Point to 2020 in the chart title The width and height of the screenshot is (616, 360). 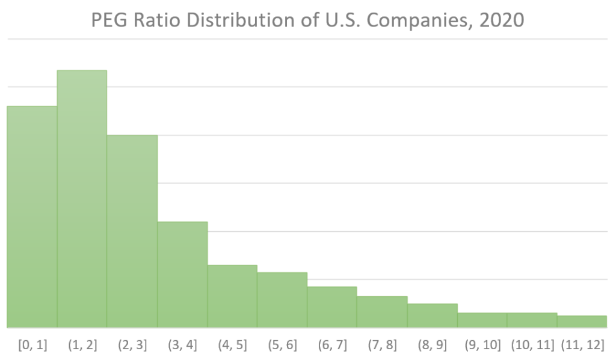click(499, 20)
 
